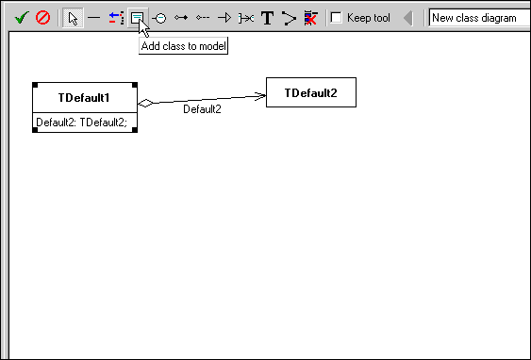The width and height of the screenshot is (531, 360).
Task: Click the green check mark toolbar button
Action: (22, 18)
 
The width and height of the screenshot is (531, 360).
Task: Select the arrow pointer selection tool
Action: (73, 18)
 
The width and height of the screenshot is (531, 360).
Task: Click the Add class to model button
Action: (138, 18)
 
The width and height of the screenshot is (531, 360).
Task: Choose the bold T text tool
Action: (267, 18)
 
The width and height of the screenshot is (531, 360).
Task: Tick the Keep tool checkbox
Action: (336, 18)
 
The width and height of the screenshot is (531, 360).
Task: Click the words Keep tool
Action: (369, 18)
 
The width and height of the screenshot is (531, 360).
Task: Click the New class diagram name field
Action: (476, 18)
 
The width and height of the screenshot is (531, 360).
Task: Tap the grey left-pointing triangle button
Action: (407, 18)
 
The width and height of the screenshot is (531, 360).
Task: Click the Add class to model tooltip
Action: (184, 45)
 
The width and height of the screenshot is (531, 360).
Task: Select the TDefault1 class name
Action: (84, 97)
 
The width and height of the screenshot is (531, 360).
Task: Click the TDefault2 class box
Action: (310, 92)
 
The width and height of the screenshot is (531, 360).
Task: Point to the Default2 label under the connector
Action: (202, 109)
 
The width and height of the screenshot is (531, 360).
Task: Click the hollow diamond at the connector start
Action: (144, 103)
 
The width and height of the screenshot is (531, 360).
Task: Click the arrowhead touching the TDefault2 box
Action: (260, 95)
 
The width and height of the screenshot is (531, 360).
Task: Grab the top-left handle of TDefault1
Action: (34, 84)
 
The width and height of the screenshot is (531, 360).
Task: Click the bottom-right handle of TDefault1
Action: (136, 130)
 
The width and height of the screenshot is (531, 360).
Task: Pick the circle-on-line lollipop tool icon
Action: (159, 18)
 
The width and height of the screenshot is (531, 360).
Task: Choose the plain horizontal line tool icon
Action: (94, 18)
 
